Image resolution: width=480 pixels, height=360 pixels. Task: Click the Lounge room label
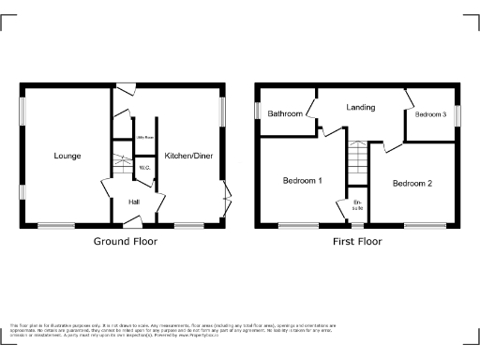pyautogui.click(x=67, y=156)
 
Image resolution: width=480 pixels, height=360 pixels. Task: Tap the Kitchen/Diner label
pyautogui.click(x=188, y=156)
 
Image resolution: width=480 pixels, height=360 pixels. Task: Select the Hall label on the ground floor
pyautogui.click(x=135, y=201)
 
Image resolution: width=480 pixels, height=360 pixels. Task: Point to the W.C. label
pyautogui.click(x=144, y=168)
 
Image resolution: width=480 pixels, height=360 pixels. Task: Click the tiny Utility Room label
pyautogui.click(x=144, y=137)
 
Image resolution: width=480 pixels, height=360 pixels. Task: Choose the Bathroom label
pyautogui.click(x=285, y=113)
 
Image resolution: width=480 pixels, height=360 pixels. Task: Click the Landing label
pyautogui.click(x=361, y=108)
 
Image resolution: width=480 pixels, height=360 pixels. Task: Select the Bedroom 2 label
pyautogui.click(x=412, y=183)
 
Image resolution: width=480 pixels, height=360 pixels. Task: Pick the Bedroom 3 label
pyautogui.click(x=430, y=113)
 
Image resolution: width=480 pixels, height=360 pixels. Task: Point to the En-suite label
pyautogui.click(x=356, y=205)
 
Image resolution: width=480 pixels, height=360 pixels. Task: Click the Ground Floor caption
pyautogui.click(x=125, y=241)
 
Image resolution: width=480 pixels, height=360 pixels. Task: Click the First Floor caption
pyautogui.click(x=356, y=241)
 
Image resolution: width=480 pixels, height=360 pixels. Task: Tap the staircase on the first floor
pyautogui.click(x=356, y=164)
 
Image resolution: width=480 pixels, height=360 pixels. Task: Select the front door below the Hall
pyautogui.click(x=134, y=223)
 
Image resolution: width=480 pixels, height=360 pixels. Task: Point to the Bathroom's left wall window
pyautogui.click(x=256, y=110)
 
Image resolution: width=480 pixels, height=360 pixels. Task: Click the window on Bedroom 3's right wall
pyautogui.click(x=457, y=104)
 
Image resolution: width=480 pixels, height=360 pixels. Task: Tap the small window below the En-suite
pyautogui.click(x=356, y=225)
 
